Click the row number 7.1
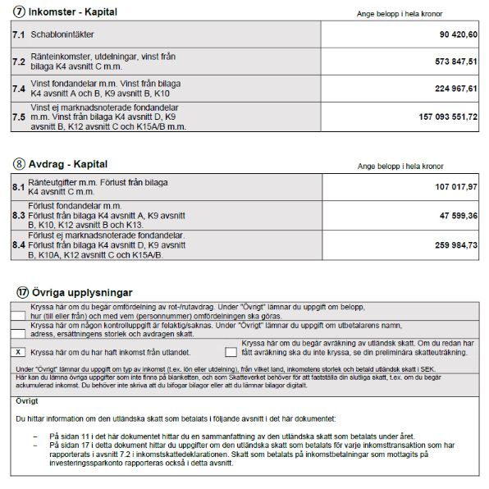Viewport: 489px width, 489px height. click(18, 36)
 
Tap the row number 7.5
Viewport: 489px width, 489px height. click(18, 117)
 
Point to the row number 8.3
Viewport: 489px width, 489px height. click(18, 215)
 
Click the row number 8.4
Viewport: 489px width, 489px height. click(18, 244)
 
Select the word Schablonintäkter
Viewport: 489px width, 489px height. click(62, 37)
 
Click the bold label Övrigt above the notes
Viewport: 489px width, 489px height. click(28, 400)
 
